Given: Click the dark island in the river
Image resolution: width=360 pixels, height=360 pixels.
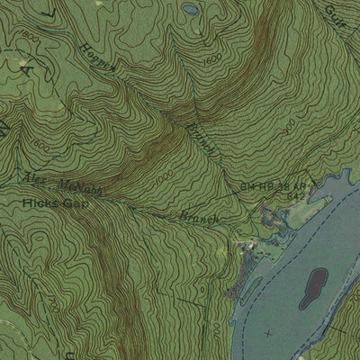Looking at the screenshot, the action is pyautogui.click(x=315, y=287).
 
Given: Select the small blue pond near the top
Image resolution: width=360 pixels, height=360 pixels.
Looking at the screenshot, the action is pyautogui.click(x=191, y=10).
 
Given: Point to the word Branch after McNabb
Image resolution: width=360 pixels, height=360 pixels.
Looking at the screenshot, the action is pyautogui.click(x=200, y=217).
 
